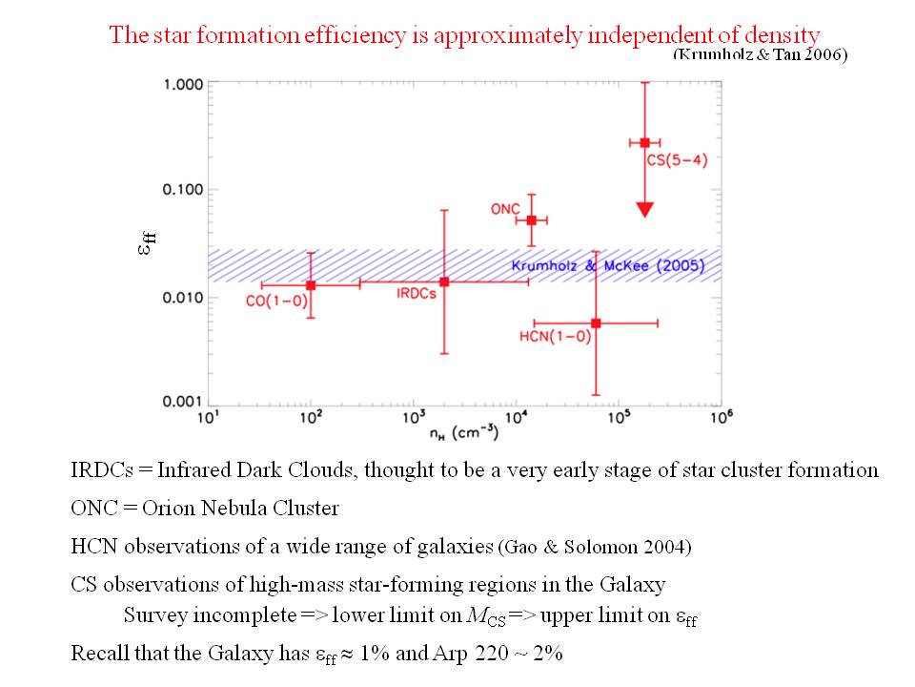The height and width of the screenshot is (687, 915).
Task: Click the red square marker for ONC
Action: coord(532,219)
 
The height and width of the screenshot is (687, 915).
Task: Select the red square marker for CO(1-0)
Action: coord(311,284)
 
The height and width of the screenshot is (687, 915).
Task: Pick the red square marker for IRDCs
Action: coord(444,281)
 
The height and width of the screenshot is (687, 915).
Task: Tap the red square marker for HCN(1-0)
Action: coord(596,323)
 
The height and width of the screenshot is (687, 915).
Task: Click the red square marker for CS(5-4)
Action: coord(644,142)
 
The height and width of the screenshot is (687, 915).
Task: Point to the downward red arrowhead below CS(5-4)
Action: coord(644,209)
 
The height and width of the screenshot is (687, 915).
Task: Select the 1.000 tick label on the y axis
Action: coord(183,84)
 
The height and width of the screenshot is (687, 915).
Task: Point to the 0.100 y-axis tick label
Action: coord(183,190)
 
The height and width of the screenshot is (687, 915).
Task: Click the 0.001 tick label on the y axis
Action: coord(183,402)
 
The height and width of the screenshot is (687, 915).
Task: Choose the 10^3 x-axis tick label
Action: coord(414,418)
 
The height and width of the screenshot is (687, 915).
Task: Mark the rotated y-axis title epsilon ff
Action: coord(146,243)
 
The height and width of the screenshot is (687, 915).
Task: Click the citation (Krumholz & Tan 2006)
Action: coord(760,54)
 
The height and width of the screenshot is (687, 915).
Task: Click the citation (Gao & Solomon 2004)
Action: coord(596,547)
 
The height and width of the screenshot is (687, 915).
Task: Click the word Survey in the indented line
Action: coord(154,615)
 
